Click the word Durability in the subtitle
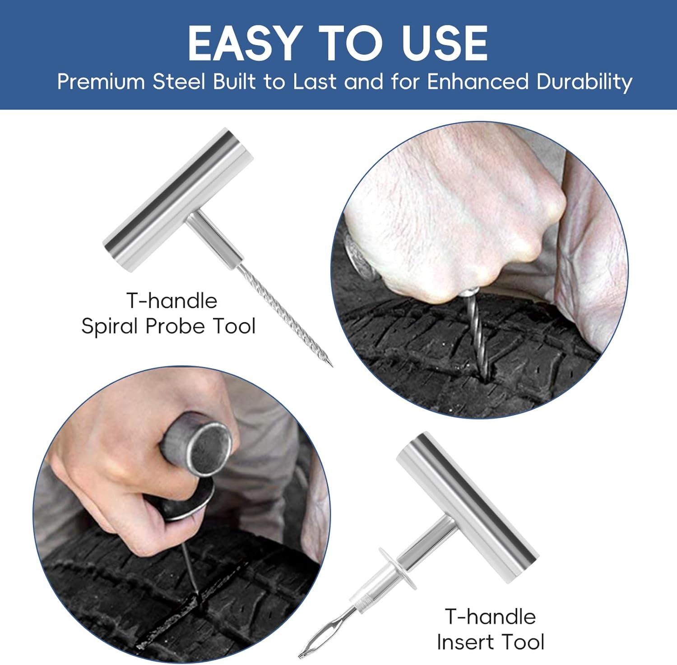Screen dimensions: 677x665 [x=584, y=82]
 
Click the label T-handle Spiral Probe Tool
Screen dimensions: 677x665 [x=169, y=314]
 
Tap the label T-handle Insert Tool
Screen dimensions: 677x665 [x=491, y=629]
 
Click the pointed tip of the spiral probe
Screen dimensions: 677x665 [x=332, y=366]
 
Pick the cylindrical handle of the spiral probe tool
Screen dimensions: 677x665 [x=178, y=200]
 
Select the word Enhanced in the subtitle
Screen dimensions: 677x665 [x=478, y=82]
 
